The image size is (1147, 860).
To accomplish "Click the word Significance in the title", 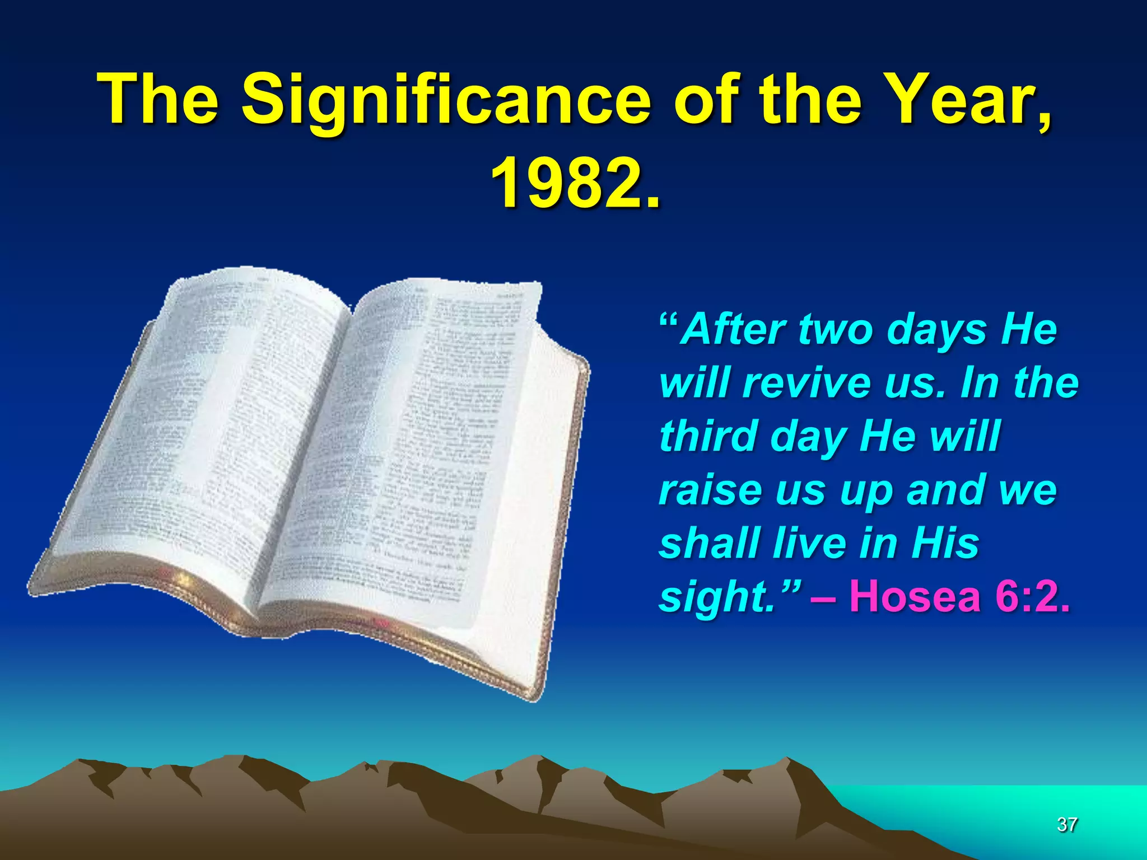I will click(446, 101).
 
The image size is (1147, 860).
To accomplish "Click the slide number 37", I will click(1067, 824).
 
